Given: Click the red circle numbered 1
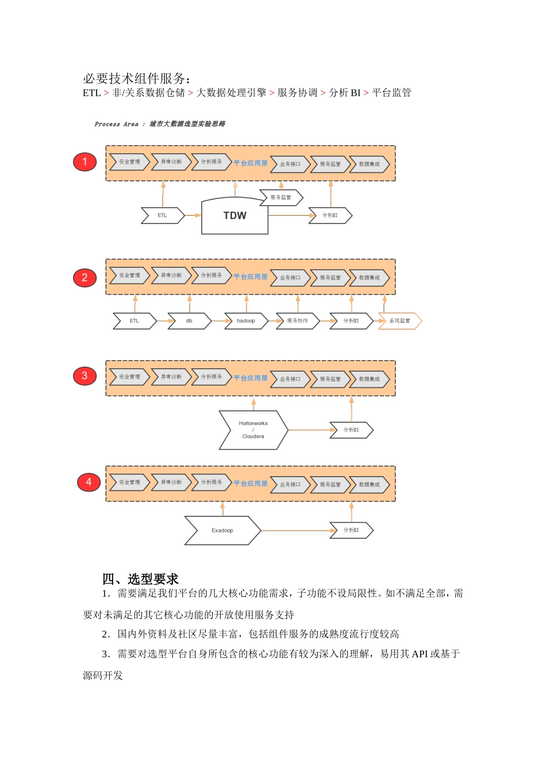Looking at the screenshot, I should [x=84, y=161].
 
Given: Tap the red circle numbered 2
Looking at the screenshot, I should [x=84, y=278].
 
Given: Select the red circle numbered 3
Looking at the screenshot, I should [x=84, y=376].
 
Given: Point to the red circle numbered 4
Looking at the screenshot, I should [x=89, y=482].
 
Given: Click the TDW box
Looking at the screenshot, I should [x=234, y=216].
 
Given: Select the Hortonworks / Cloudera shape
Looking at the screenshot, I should [x=253, y=430].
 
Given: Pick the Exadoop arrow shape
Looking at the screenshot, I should [x=222, y=530].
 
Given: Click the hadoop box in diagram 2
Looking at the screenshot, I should [x=246, y=321].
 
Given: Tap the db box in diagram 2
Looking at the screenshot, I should [x=189, y=321].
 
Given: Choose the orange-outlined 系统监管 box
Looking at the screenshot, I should [x=400, y=321].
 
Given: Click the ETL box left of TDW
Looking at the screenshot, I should [x=163, y=215].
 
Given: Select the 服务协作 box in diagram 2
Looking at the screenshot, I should [x=298, y=321].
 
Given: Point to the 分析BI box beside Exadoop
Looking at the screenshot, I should [x=351, y=530].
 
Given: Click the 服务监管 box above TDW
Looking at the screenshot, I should [x=281, y=198].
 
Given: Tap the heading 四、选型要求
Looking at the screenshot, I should [x=140, y=579].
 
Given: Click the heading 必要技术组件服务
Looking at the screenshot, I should [x=136, y=79].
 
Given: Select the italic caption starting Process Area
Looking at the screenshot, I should [x=160, y=124].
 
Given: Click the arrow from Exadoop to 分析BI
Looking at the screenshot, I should [x=295, y=530].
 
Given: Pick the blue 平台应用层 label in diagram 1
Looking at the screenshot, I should [x=251, y=163].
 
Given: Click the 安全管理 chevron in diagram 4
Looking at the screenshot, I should [x=129, y=482].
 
